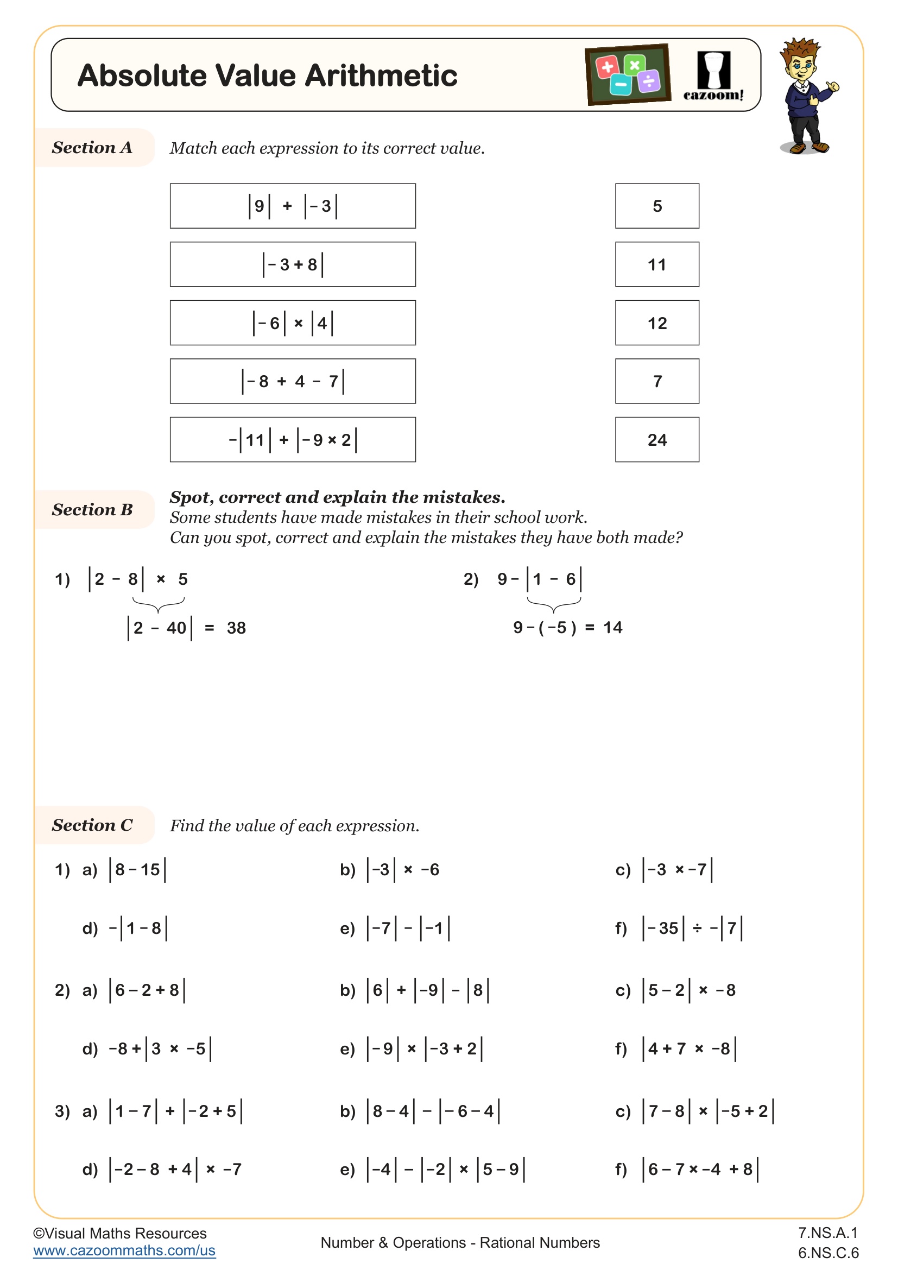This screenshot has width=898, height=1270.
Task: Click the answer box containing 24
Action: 656,439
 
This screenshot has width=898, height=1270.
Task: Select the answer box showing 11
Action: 656,264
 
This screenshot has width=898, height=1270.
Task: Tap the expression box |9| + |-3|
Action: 293,206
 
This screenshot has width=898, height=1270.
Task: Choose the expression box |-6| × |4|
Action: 293,323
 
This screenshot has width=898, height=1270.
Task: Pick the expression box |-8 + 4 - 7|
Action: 293,381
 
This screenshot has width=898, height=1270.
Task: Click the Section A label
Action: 92,148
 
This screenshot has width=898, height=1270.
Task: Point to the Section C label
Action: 92,825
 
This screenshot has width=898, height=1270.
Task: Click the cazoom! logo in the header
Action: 713,76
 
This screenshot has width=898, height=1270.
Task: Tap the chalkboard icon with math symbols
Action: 628,75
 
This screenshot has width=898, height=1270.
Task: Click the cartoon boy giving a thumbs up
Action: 806,95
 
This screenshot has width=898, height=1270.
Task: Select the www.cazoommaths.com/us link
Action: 124,1250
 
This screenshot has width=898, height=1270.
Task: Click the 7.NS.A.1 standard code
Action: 827,1233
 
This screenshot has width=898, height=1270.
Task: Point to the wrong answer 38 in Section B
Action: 236,628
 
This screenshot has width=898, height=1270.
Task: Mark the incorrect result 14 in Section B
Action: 612,627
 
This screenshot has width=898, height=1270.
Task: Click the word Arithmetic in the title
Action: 382,76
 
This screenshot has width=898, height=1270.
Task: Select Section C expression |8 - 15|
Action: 138,869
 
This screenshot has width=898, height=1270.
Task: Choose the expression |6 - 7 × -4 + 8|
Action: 700,1169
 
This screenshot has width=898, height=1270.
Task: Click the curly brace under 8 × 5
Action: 158,604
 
